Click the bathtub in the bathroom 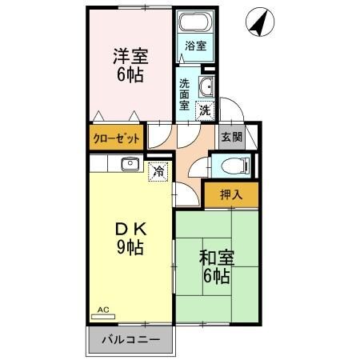click(x=194, y=24)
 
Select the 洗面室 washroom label click(x=185, y=94)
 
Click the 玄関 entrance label click(x=231, y=137)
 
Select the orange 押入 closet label click(x=230, y=194)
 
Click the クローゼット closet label click(x=117, y=138)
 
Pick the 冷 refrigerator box click(x=158, y=170)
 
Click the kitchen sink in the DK click(x=129, y=165)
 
